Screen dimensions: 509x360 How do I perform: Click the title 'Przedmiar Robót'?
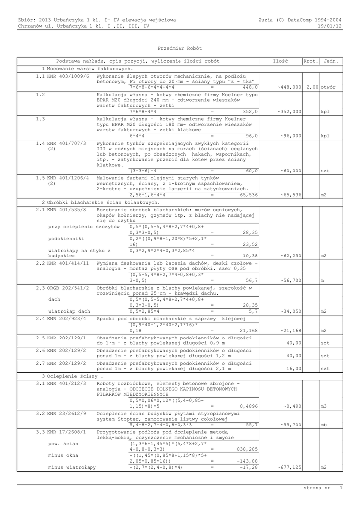tap(180, 48)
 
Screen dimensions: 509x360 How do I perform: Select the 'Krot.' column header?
tap(310, 61)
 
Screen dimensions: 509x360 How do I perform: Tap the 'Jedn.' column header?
tap(331, 61)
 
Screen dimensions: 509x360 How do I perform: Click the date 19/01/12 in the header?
tap(330, 26)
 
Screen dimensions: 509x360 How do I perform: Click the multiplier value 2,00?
tap(313, 87)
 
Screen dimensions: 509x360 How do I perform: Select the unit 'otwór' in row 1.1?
tap(328, 87)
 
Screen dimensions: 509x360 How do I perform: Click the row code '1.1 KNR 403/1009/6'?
tap(62, 76)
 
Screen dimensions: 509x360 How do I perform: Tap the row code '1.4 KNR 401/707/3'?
tap(61, 143)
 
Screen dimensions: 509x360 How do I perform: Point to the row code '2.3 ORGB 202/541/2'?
tap(62, 288)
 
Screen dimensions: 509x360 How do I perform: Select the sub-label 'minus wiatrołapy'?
tap(72, 467)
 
